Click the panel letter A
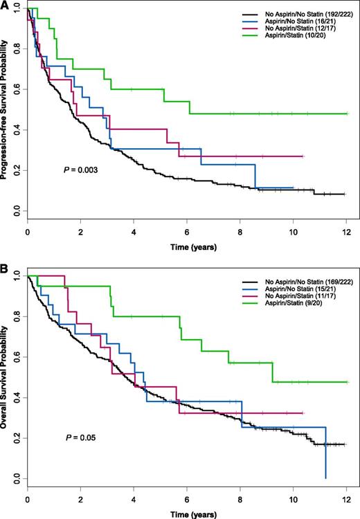tap(5, 4)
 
